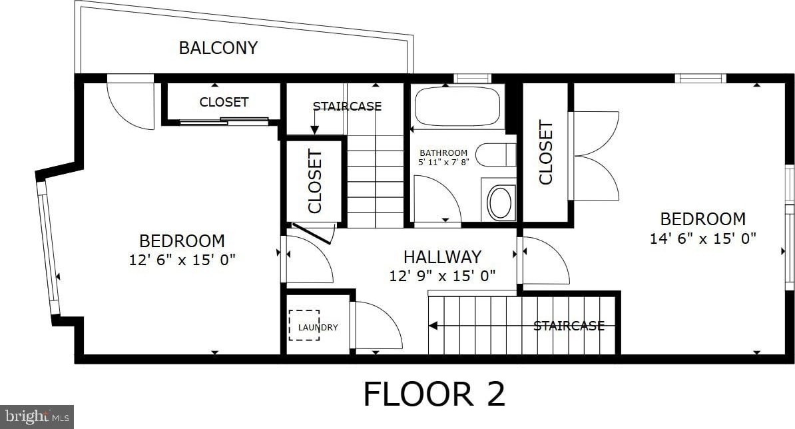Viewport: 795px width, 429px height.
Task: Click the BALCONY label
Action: [x=218, y=48]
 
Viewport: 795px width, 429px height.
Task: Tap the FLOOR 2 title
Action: [x=435, y=394]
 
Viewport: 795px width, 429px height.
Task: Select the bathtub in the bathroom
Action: [x=457, y=107]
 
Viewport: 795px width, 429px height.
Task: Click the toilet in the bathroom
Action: [x=496, y=155]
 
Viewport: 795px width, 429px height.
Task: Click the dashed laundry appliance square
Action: [x=304, y=325]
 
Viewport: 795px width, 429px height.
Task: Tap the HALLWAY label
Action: [x=442, y=257]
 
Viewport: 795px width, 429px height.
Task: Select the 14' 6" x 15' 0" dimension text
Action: [x=702, y=238]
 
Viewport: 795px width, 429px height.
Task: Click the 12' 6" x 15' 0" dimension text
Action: [x=182, y=260]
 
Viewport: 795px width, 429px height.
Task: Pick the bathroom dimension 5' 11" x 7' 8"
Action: [x=443, y=163]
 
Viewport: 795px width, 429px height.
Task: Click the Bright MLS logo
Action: [x=37, y=417]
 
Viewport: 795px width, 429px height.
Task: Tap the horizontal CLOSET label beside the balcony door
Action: [x=224, y=102]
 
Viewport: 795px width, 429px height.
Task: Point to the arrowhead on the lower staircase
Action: [x=433, y=326]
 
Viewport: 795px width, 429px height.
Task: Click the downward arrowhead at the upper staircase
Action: [x=314, y=131]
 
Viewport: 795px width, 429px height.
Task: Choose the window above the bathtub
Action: [x=472, y=79]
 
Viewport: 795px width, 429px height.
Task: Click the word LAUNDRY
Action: [x=318, y=328]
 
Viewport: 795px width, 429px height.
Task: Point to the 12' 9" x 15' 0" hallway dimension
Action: [x=442, y=276]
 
